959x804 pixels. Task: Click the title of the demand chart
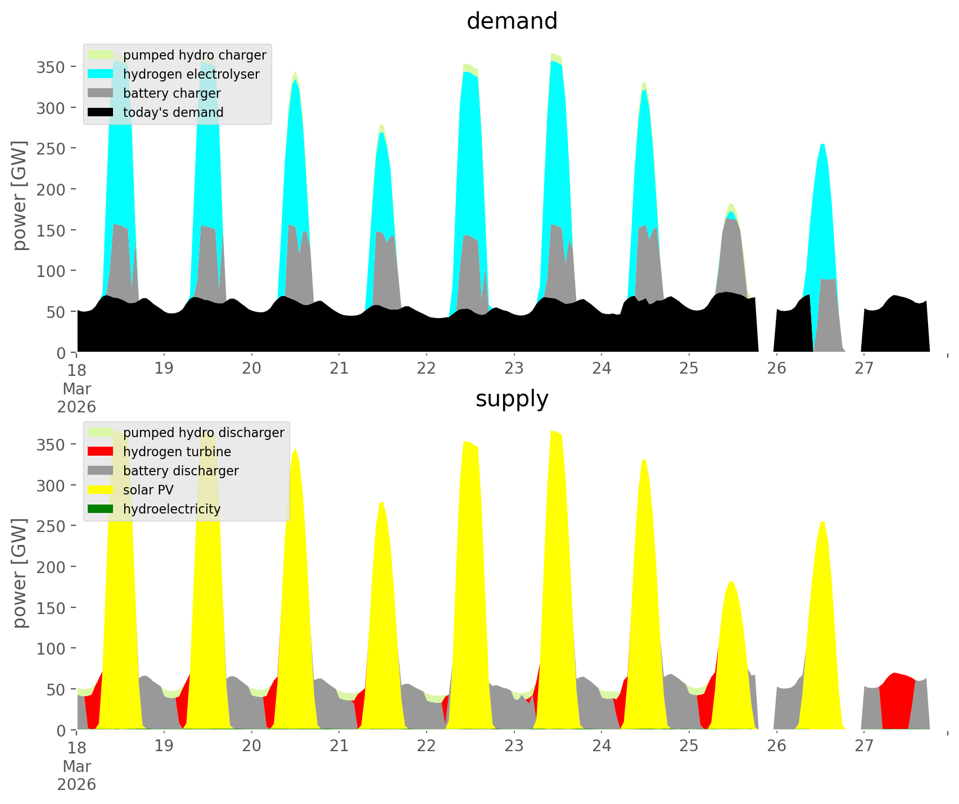(x=512, y=21)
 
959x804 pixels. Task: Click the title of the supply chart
(x=512, y=399)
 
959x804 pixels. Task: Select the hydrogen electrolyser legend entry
(x=191, y=74)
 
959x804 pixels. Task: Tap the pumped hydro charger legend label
(x=194, y=55)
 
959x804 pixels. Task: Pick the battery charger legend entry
(x=171, y=93)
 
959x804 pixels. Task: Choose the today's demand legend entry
(x=173, y=112)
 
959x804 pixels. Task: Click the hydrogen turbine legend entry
(x=177, y=452)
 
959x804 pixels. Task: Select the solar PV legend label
(x=148, y=490)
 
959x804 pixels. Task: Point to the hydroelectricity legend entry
(x=171, y=509)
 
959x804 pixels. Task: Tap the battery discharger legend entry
(x=180, y=471)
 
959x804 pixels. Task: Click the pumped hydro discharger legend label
(x=203, y=433)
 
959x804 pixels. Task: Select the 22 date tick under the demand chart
(x=427, y=369)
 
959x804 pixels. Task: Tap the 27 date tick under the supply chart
(x=864, y=746)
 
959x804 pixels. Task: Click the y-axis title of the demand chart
(x=20, y=196)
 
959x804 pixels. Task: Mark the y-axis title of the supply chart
(x=20, y=574)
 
